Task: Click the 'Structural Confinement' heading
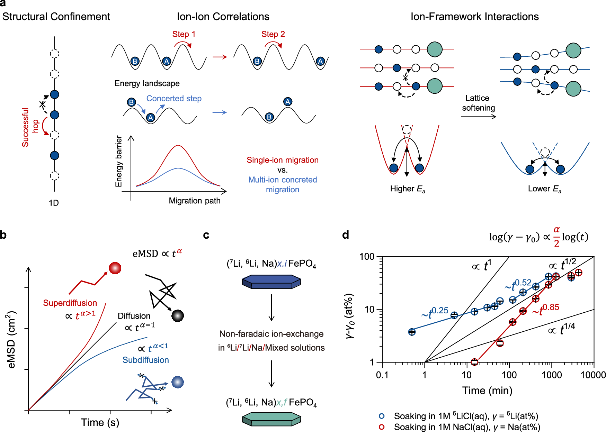(56, 17)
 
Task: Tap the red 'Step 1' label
(184, 34)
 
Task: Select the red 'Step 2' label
(273, 34)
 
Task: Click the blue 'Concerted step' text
(174, 99)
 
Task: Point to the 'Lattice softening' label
(479, 103)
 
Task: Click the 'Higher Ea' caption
(408, 189)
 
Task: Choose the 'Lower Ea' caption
(545, 189)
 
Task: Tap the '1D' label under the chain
(54, 203)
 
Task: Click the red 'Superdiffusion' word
(70, 303)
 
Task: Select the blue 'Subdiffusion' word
(146, 360)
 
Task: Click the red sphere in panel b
(115, 268)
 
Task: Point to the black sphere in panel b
(178, 315)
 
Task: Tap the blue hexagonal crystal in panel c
(271, 282)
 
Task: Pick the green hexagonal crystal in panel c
(271, 419)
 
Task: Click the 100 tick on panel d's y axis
(367, 257)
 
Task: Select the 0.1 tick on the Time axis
(382, 375)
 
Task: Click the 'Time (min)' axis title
(487, 391)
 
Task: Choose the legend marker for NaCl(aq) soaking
(382, 427)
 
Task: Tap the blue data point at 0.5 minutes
(412, 332)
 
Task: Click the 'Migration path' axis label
(195, 201)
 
